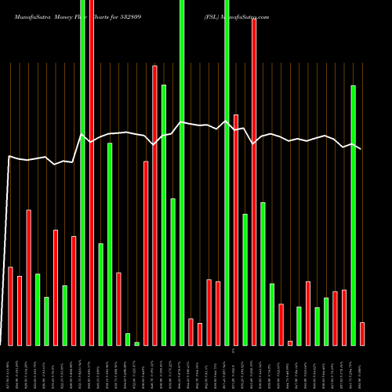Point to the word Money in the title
tap(65, 16)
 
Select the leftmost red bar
tap(10, 306)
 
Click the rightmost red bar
tap(361, 333)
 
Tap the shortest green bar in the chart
tap(136, 343)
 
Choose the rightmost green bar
tap(353, 216)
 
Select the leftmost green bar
tap(38, 309)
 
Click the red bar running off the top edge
tap(92, 172)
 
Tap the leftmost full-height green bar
tap(82, 172)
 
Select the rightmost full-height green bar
tap(227, 172)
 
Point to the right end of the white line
tap(361, 148)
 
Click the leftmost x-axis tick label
tap(10, 368)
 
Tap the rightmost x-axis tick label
tap(361, 368)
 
